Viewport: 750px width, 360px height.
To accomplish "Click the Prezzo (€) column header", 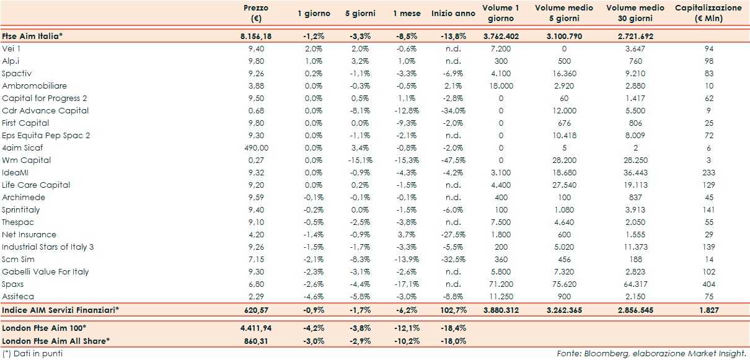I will (x=255, y=13).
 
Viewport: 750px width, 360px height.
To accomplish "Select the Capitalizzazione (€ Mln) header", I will (x=708, y=13).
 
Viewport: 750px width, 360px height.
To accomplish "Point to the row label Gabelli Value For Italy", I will (x=46, y=271).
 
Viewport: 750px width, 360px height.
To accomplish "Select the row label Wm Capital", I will (x=27, y=160).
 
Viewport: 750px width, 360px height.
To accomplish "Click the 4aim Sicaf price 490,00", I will (x=255, y=147).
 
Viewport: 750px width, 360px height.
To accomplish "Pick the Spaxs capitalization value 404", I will (x=709, y=284).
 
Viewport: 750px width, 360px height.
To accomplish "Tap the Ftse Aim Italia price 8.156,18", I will (x=255, y=37).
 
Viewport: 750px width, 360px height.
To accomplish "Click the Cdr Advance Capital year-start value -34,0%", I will (x=455, y=110).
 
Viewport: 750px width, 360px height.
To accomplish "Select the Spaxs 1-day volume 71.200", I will (x=501, y=284).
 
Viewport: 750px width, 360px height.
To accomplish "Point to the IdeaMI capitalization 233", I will (x=709, y=172).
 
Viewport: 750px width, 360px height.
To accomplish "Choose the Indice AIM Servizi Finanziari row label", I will (x=61, y=309).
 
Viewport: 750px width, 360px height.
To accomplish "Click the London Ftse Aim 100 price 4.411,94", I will (x=255, y=328).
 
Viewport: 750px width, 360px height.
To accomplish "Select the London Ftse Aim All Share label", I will (x=55, y=340).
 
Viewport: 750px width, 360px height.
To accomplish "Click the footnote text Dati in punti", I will (x=36, y=353).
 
